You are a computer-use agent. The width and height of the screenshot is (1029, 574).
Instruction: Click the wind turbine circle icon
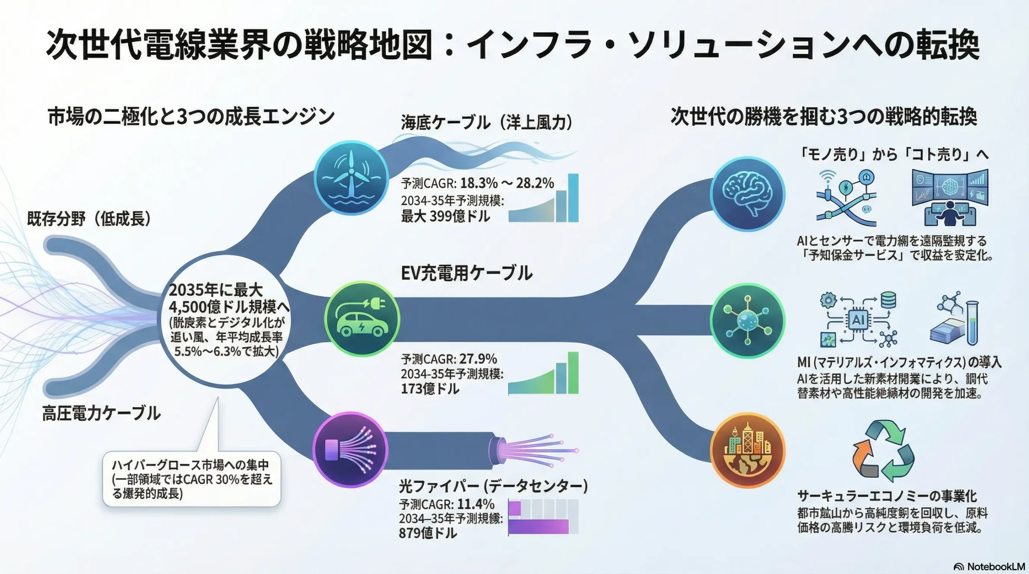pos(351,178)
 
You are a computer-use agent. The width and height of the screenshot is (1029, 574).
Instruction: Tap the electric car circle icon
pos(362,319)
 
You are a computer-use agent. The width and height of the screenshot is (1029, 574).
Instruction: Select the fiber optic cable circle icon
pos(350,449)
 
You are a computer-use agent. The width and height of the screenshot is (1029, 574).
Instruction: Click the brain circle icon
pos(747,194)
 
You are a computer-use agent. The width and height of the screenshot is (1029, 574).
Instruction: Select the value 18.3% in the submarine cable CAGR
pos(479,183)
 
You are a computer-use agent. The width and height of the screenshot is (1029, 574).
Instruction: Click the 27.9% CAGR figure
pos(478,359)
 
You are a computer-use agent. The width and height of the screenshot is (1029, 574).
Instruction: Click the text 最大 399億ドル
pos(445,217)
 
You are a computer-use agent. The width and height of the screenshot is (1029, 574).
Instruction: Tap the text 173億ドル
pos(430,389)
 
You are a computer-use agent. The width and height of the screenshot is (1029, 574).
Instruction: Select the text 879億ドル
pos(428,533)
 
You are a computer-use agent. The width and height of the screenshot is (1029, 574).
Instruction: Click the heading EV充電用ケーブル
pos(466,273)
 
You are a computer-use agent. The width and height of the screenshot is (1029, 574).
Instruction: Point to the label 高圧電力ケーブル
pos(101,413)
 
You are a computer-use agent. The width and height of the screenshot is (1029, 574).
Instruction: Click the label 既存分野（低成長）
pos(89,219)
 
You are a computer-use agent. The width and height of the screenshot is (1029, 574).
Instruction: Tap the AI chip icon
pos(858,320)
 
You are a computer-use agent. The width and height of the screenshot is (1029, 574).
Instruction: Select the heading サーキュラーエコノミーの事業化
pos(887,496)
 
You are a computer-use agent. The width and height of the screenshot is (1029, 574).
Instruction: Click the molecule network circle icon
pos(747,321)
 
